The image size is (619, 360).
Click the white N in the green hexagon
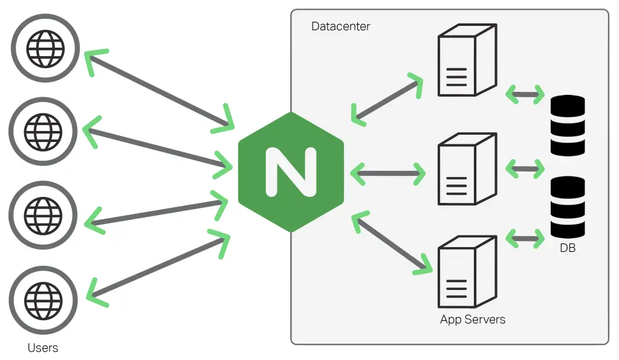click(x=291, y=172)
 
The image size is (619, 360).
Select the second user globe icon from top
click(x=43, y=130)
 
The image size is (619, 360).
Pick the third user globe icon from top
click(x=43, y=214)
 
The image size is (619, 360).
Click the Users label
click(x=43, y=348)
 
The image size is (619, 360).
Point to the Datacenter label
click(x=340, y=27)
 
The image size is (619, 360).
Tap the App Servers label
click(x=472, y=319)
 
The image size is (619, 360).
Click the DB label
click(x=567, y=248)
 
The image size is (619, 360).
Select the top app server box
click(x=466, y=60)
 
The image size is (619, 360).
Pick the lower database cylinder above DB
click(x=568, y=207)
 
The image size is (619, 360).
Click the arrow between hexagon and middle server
click(x=387, y=173)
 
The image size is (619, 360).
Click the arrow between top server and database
click(x=525, y=94)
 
